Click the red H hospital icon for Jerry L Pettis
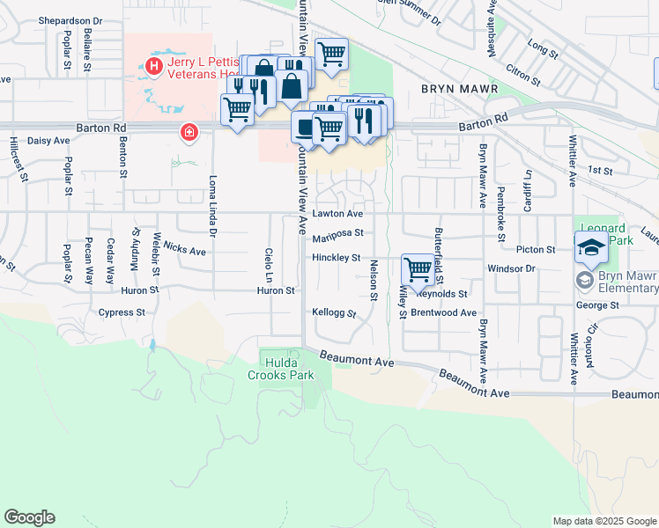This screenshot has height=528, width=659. click(x=154, y=66)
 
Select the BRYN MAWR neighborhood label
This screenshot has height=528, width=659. click(x=459, y=90)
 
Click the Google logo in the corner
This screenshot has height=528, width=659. click(x=29, y=517)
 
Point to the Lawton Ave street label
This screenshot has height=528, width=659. click(x=337, y=214)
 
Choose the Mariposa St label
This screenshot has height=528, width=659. click(x=337, y=233)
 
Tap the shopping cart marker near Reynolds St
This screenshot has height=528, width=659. click(x=417, y=268)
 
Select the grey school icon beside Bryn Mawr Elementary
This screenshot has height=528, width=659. click(x=584, y=280)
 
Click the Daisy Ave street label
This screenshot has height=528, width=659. click(x=48, y=140)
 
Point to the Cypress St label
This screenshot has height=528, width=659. click(x=122, y=312)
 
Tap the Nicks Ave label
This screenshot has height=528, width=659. click(x=184, y=251)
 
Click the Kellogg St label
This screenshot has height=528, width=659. click(x=334, y=312)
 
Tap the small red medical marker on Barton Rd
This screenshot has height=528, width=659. click(x=189, y=133)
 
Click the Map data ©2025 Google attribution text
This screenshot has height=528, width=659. click(x=603, y=520)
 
